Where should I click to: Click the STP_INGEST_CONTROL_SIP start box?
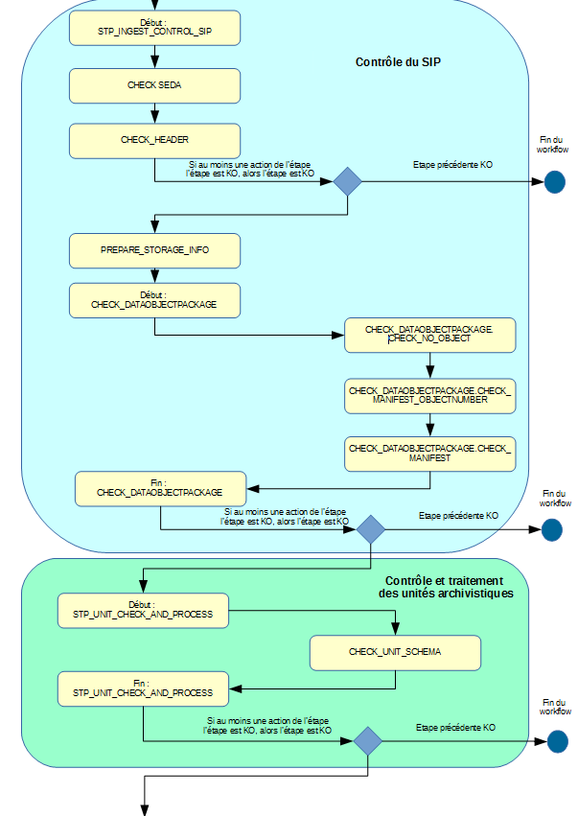[x=154, y=28]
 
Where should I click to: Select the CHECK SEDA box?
[x=154, y=85]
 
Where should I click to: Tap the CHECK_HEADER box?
[x=154, y=140]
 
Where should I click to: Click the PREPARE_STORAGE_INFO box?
[x=154, y=250]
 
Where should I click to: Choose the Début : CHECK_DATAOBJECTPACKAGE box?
[x=154, y=300]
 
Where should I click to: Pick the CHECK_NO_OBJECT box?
[x=429, y=335]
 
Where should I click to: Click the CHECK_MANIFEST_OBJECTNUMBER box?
[x=429, y=395]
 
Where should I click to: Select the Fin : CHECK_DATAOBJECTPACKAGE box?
[x=160, y=488]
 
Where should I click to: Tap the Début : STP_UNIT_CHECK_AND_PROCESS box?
[x=143, y=610]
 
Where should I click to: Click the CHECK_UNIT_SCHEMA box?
[x=395, y=652]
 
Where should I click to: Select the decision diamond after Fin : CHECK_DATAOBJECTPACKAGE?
[x=369, y=529]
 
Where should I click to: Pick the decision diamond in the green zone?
[x=367, y=740]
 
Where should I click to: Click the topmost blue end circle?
[x=555, y=182]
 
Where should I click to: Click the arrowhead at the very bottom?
[x=145, y=809]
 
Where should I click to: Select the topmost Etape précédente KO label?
[x=452, y=165]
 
